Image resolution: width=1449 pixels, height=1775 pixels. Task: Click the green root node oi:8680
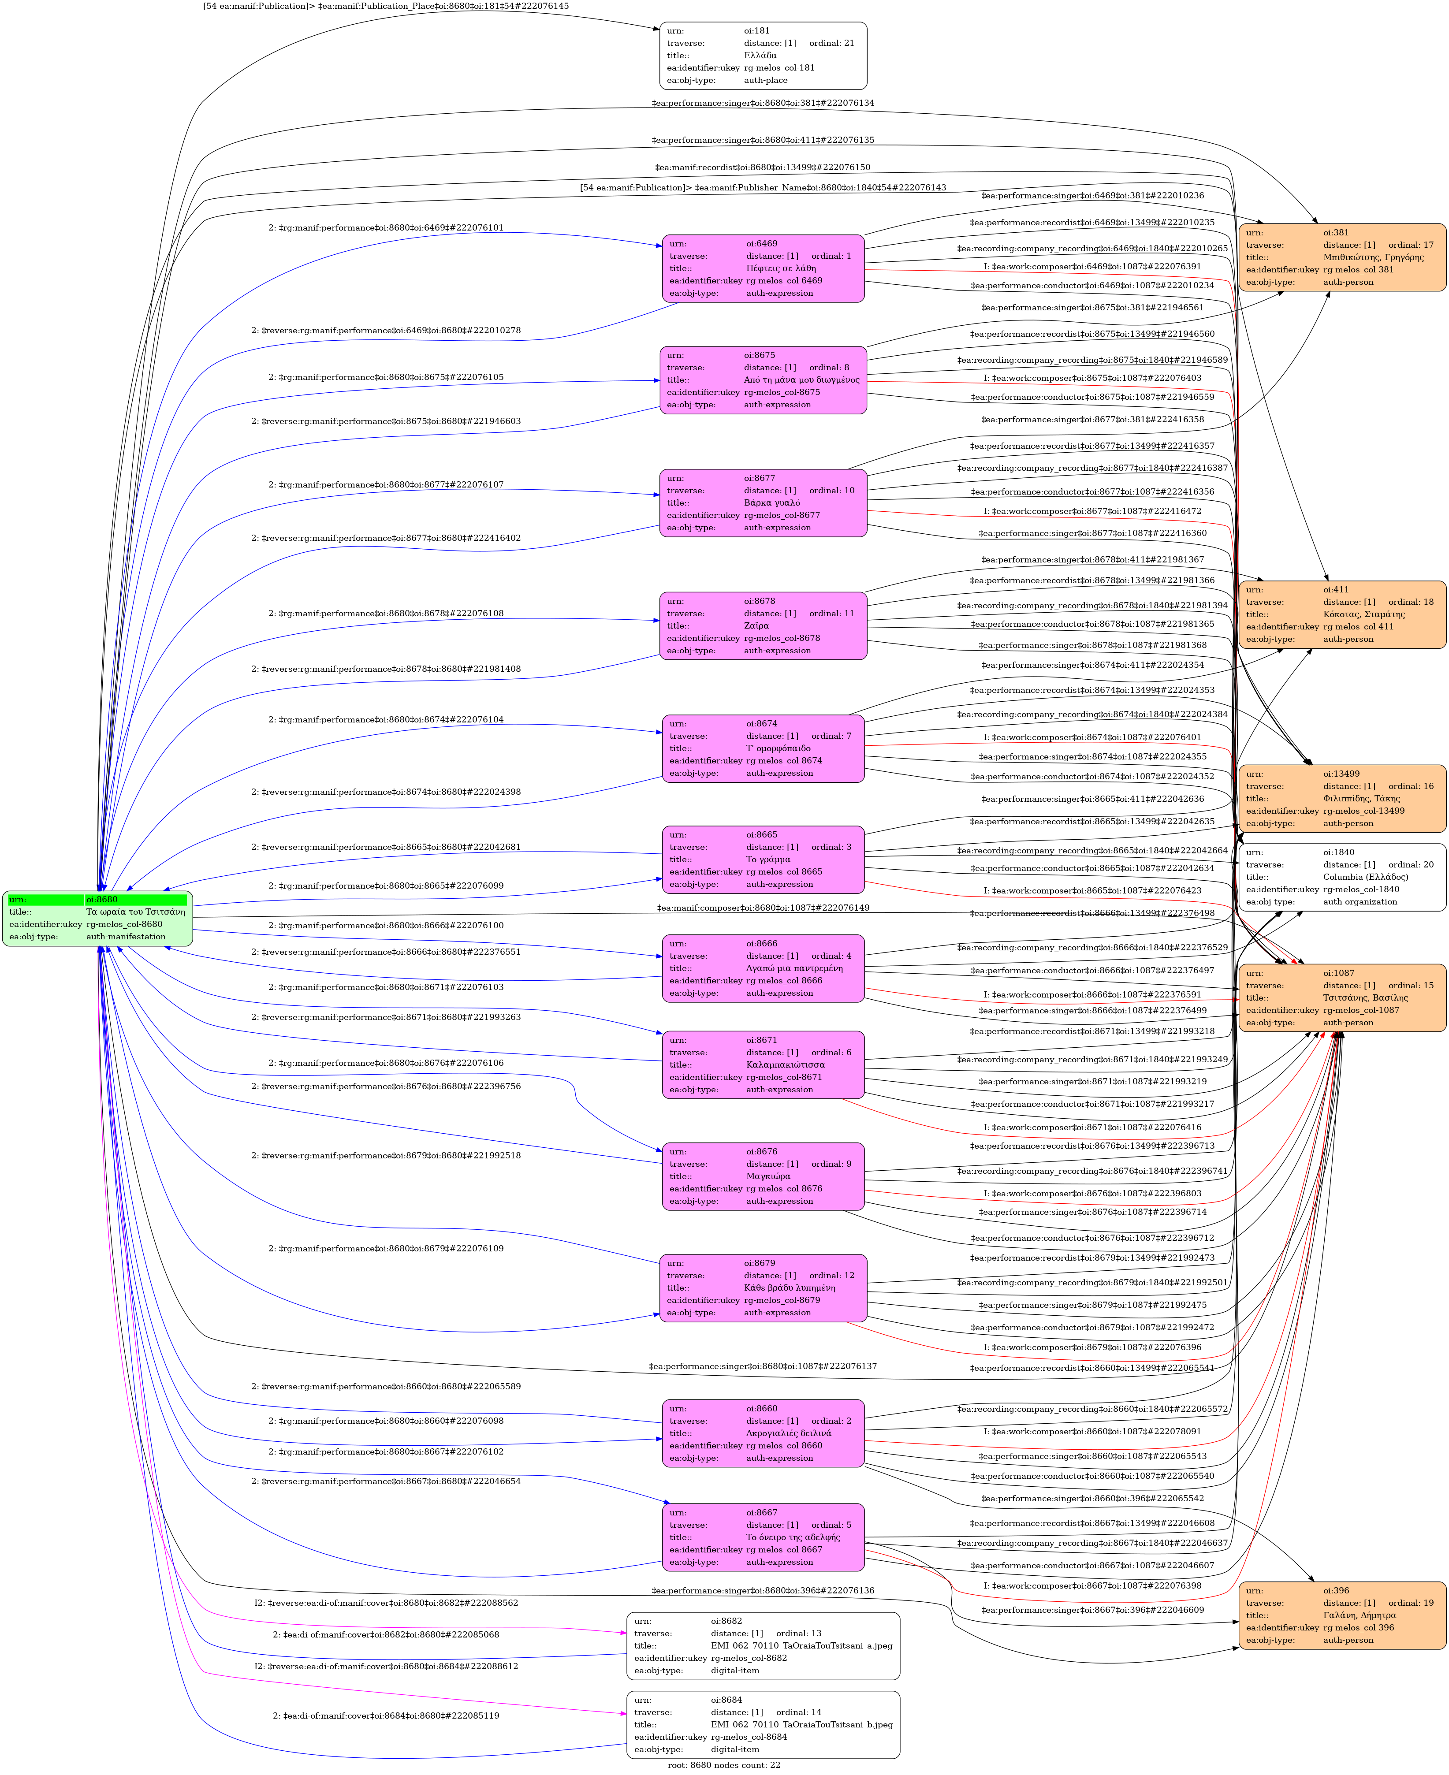[98, 918]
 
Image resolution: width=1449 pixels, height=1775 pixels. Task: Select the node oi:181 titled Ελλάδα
[763, 56]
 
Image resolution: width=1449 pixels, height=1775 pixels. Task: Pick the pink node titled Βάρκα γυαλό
[763, 502]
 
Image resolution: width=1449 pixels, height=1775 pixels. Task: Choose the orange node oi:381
[1342, 257]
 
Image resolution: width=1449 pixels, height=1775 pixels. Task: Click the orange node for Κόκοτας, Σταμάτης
[1342, 614]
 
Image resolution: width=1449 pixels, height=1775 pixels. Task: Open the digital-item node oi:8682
[763, 1646]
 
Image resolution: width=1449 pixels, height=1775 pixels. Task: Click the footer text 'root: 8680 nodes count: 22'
[724, 1765]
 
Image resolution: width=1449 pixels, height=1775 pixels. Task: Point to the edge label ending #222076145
[386, 6]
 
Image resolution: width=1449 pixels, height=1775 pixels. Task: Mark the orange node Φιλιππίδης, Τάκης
[1342, 798]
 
